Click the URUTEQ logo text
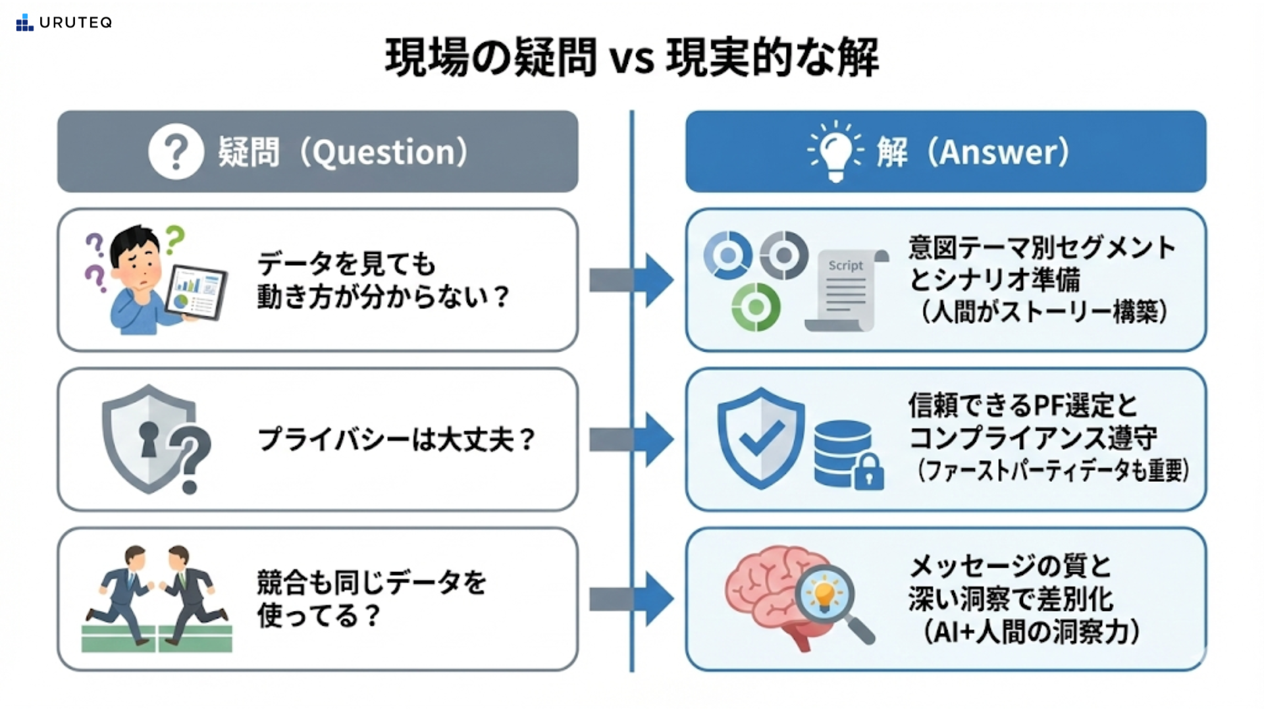pos(75,23)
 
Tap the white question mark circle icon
pos(176,151)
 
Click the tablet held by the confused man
pos(196,294)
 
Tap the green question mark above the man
pos(174,238)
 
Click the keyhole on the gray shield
pos(149,438)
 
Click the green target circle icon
pos(756,307)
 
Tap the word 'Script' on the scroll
pos(845,265)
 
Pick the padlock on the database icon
pos(868,473)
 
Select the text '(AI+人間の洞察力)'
pos(1031,632)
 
